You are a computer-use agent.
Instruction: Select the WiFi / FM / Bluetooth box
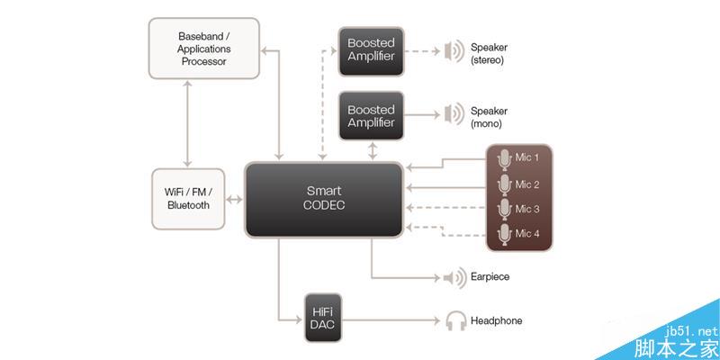[188, 198]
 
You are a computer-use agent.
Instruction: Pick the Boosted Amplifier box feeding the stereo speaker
[371, 50]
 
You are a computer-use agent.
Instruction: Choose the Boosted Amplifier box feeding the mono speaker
[371, 115]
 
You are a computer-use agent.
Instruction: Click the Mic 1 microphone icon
[504, 158]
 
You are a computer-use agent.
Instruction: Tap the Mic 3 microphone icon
[504, 210]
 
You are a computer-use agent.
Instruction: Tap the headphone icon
[455, 320]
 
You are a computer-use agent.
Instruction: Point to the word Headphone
[496, 320]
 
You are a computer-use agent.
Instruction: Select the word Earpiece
[490, 276]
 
